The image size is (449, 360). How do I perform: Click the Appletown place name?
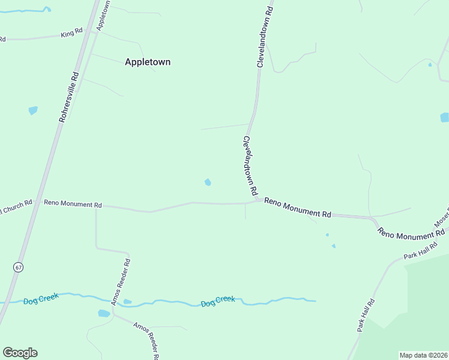click(147, 62)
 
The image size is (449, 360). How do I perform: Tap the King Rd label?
click(71, 34)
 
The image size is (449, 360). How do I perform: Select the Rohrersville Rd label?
click(69, 97)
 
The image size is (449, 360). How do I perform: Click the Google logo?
click(20, 353)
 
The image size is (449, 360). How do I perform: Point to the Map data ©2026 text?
click(424, 355)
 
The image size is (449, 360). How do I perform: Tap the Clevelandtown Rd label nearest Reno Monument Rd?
click(250, 166)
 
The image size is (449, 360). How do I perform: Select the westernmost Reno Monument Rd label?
click(73, 204)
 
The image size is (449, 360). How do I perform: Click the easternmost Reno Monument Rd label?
click(411, 230)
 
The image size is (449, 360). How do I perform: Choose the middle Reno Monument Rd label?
click(298, 208)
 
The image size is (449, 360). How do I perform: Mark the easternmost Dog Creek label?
click(218, 301)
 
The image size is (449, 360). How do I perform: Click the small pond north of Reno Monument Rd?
click(208, 182)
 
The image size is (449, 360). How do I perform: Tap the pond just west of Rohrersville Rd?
click(33, 110)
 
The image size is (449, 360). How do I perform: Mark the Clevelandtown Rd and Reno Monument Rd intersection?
click(256, 200)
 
